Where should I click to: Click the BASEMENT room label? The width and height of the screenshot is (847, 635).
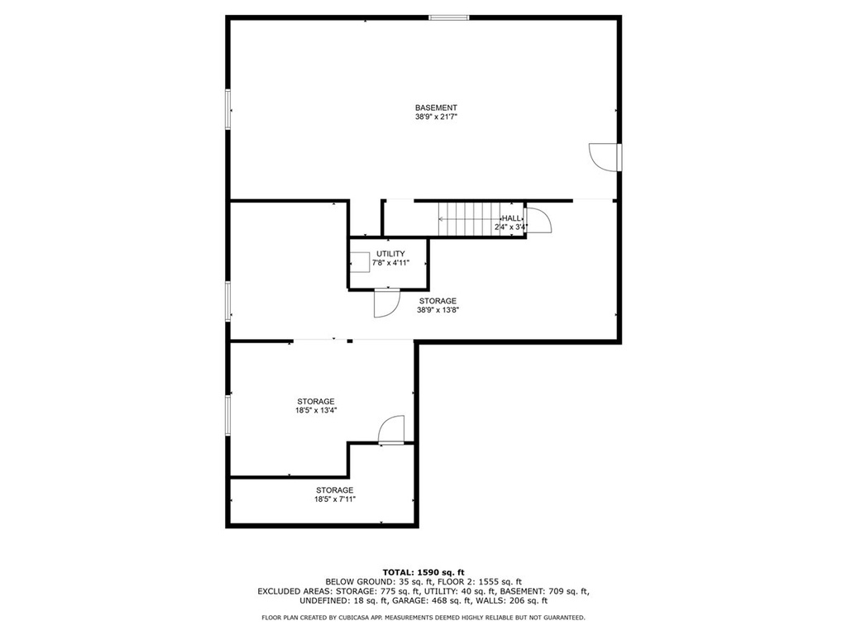pos(436,107)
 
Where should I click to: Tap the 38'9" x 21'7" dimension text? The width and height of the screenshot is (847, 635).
pos(436,116)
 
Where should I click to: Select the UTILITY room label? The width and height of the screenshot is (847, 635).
pos(390,254)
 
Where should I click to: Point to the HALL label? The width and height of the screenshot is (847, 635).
pos(511,218)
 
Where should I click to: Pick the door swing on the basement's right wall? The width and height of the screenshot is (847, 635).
pos(603,157)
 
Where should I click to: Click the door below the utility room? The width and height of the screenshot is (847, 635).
pos(386,303)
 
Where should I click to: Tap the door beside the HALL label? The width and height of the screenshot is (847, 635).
pos(538,220)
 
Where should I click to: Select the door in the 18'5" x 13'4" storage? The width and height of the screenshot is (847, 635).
pos(391,430)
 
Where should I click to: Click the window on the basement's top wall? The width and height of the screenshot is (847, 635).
pos(449,18)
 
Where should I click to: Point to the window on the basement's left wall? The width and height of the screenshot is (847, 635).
pos(228,110)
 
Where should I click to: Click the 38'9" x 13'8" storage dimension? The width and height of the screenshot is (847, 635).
pos(438,310)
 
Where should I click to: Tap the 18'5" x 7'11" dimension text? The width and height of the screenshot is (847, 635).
pos(335,499)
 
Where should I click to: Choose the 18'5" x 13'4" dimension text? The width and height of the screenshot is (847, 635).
pos(315,410)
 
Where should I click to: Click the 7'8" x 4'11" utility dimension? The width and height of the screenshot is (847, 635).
pos(390,263)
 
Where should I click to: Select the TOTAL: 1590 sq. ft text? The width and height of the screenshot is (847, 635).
pos(423,572)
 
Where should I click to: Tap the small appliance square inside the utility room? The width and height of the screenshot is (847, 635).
pos(360,263)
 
